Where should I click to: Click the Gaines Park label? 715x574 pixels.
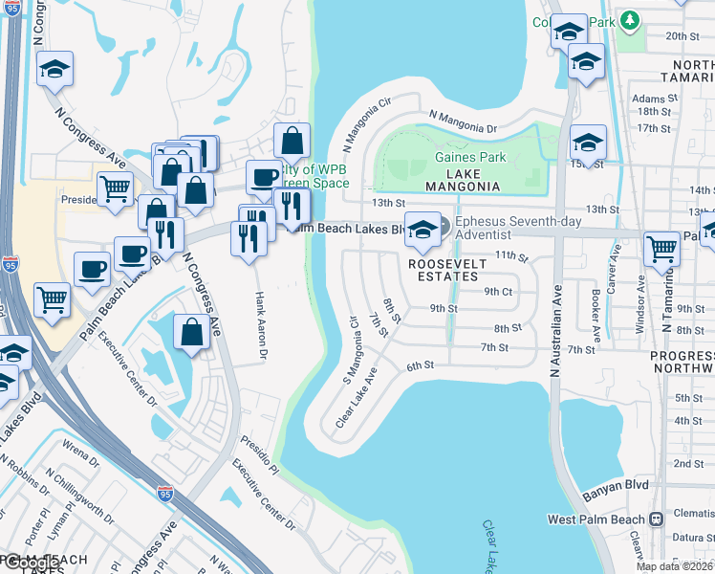[468, 157]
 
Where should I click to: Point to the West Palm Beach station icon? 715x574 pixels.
[657, 519]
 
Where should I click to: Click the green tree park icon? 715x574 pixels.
[629, 19]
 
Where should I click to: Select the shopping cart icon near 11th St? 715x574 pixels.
[661, 249]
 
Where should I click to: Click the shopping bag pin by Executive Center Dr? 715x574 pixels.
[191, 332]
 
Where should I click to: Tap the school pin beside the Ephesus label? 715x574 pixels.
[422, 228]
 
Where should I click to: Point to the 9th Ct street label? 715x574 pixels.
[498, 291]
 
